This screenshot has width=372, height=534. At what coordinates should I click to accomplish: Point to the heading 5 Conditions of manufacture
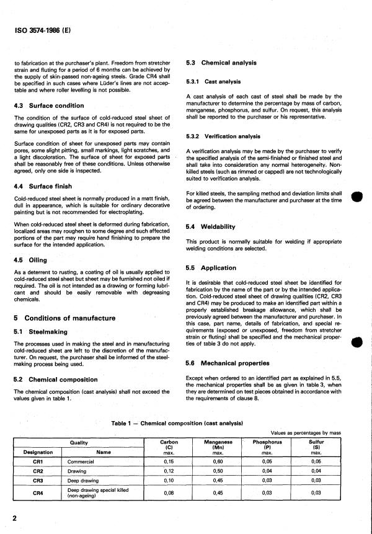pos(64,318)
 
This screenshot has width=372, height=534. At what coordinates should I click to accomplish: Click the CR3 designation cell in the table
pos(37,480)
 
